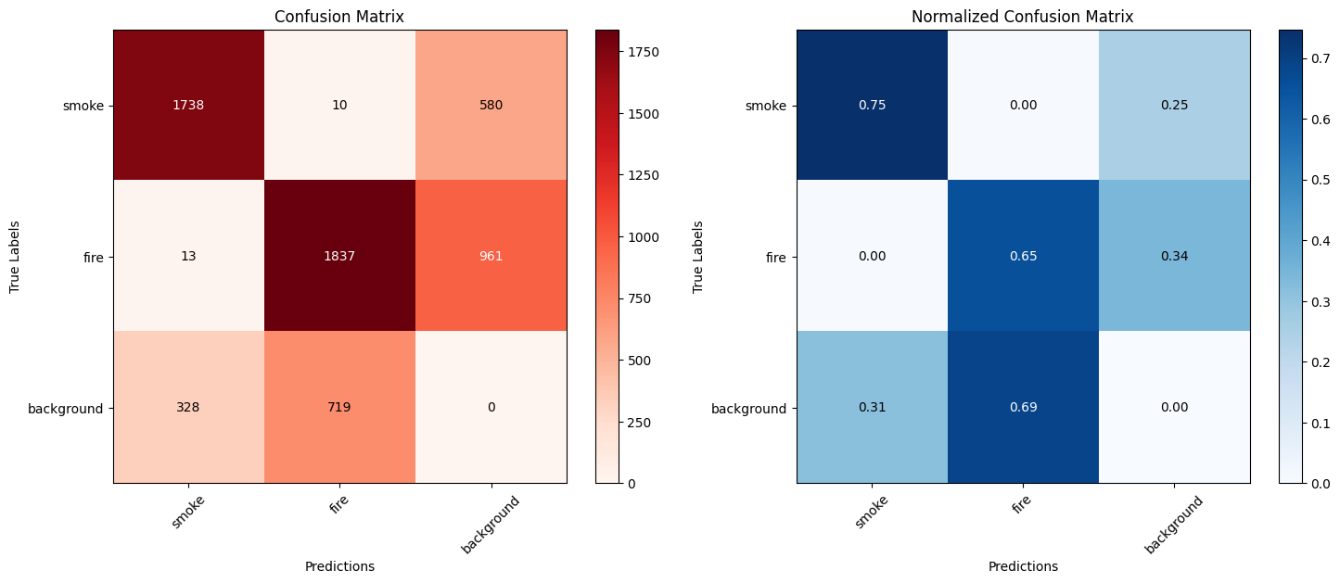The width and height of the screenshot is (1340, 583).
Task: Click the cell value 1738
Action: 188,105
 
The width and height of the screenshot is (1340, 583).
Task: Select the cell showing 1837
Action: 339,256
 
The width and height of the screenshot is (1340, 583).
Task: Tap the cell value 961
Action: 491,256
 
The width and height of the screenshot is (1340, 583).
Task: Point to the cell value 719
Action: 339,407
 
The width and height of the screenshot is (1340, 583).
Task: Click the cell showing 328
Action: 188,407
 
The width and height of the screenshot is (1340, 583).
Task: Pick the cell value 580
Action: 491,105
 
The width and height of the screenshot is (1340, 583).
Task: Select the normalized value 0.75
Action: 872,105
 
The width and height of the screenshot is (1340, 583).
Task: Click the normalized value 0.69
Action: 1023,407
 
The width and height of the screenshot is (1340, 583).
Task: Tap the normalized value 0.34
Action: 1174,256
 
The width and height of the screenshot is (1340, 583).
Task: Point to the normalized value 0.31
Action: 872,407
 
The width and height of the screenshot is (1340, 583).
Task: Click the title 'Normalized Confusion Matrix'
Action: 1022,17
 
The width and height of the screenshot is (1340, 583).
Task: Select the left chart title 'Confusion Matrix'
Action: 339,17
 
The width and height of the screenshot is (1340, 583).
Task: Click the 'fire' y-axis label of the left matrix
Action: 91,257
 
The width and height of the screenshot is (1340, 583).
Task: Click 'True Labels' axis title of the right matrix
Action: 697,257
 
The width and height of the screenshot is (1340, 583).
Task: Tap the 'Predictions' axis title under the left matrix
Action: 339,566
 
